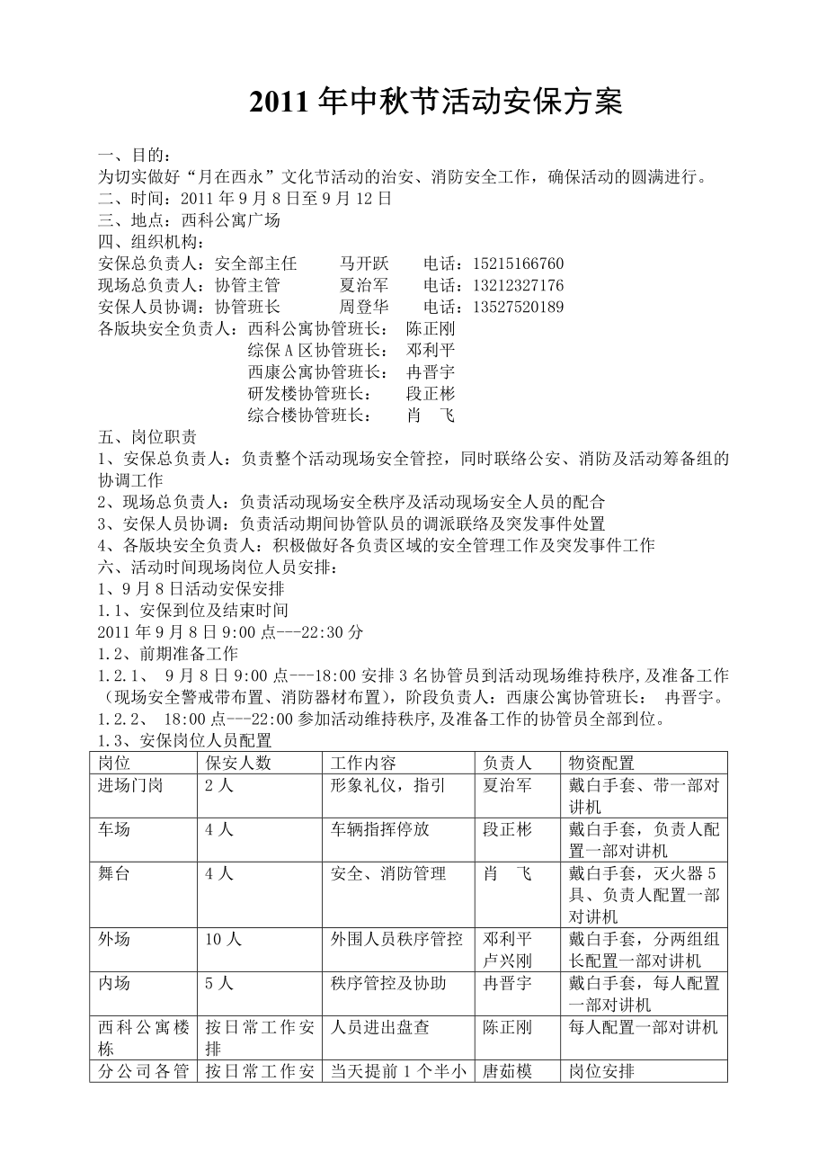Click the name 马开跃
[x=364, y=264]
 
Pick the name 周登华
[x=364, y=308]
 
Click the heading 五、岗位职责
[x=147, y=437]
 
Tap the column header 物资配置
[x=601, y=763]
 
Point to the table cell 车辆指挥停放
[x=380, y=829]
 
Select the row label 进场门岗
[x=130, y=785]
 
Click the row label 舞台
[x=114, y=873]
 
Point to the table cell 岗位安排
[x=601, y=1071]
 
